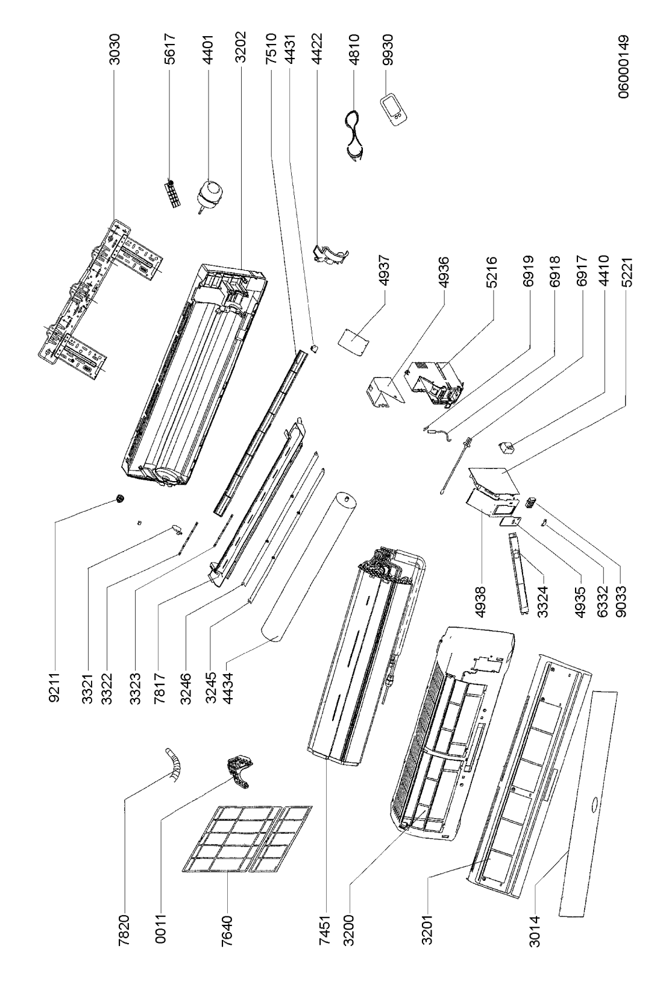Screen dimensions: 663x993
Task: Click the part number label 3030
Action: (115, 49)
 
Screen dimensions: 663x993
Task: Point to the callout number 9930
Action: (387, 49)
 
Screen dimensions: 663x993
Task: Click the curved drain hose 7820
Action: (174, 763)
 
